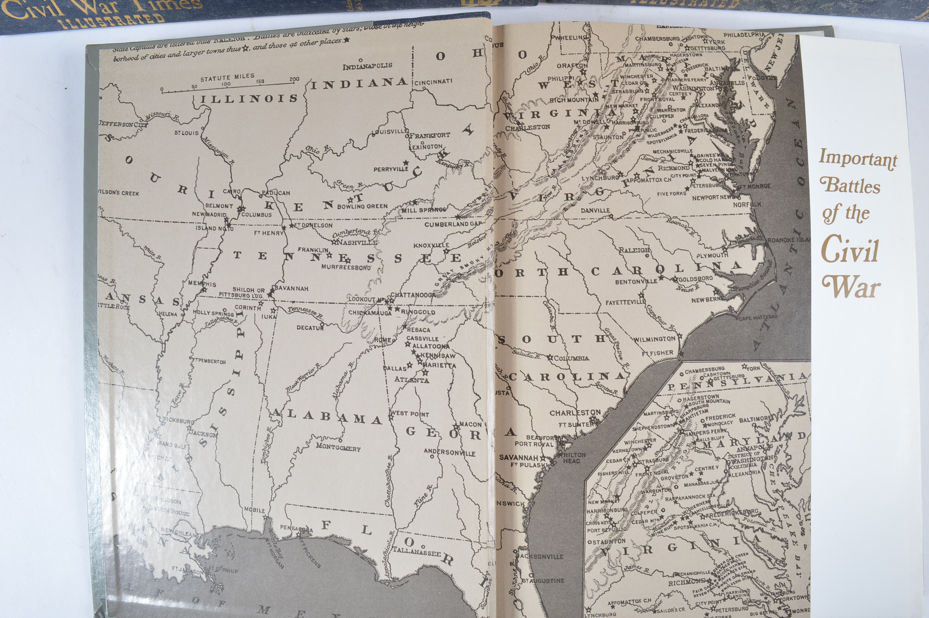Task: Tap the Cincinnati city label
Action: click(433, 82)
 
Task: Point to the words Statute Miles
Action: click(227, 77)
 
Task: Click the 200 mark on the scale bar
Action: click(294, 79)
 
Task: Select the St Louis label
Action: click(186, 133)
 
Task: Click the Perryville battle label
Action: click(391, 169)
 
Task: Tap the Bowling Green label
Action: click(362, 206)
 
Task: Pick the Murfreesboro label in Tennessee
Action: click(346, 267)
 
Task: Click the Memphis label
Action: click(202, 284)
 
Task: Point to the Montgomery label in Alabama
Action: click(338, 448)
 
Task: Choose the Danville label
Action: click(595, 210)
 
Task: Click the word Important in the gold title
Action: click(858, 159)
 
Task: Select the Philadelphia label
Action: click(743, 35)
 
